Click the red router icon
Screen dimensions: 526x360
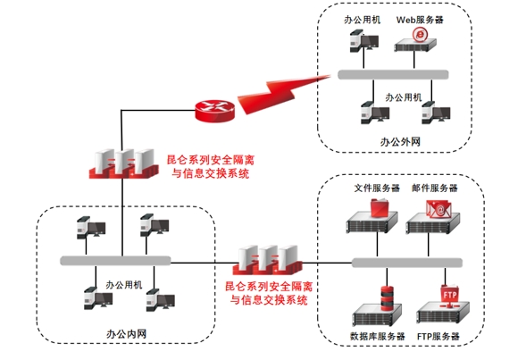coord(214,111)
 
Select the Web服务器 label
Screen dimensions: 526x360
coord(420,20)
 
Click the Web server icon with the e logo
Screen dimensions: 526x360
coord(415,40)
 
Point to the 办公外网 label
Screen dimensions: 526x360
coord(400,142)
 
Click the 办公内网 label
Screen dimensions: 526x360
coord(127,334)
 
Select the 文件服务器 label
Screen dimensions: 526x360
coord(377,188)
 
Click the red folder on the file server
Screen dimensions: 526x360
coord(380,208)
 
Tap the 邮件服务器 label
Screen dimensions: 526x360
coord(435,188)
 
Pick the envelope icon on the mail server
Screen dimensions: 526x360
coord(438,209)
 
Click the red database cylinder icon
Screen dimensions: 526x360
coord(387,298)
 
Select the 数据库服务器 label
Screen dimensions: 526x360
coord(378,336)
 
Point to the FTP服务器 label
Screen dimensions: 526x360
coord(438,336)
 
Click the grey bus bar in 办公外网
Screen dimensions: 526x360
coord(393,74)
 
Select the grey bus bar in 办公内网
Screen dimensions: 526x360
coord(115,261)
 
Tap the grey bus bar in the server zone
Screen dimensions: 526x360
coord(407,263)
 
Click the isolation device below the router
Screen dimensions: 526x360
coord(123,163)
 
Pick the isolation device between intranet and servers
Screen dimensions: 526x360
coord(267,260)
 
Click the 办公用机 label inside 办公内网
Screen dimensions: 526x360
coord(124,285)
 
